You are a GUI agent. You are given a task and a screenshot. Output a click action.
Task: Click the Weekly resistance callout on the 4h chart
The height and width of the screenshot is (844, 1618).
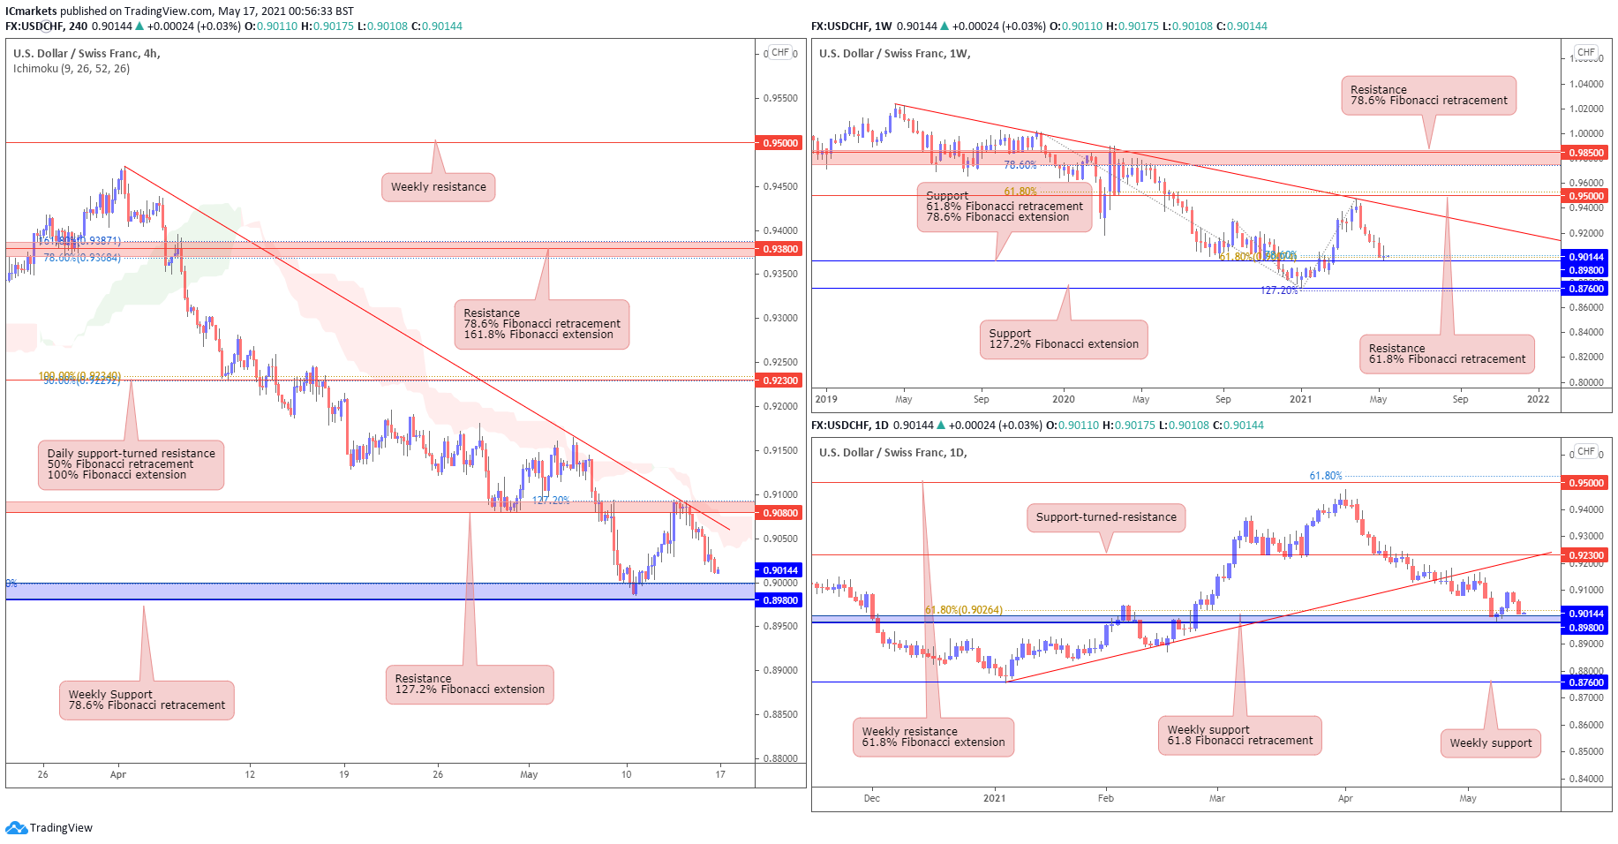click(x=438, y=187)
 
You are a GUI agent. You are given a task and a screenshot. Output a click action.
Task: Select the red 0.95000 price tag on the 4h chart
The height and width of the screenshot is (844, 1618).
click(x=779, y=143)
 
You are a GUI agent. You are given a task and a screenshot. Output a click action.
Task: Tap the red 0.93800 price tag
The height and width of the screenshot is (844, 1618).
click(x=779, y=249)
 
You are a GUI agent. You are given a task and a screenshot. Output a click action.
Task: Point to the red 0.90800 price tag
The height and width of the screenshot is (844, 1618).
click(x=779, y=513)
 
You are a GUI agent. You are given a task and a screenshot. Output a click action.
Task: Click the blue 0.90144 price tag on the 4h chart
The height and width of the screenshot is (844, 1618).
click(x=779, y=570)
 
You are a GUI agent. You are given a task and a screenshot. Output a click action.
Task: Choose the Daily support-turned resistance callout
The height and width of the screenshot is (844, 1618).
click(x=131, y=464)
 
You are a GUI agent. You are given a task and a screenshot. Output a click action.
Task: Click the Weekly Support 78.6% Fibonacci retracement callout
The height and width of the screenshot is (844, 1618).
click(x=147, y=700)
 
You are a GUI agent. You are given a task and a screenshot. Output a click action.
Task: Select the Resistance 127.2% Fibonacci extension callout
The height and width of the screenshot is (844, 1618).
click(x=470, y=684)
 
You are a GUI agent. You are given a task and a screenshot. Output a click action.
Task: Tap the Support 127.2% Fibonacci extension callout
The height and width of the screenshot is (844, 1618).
click(x=1063, y=339)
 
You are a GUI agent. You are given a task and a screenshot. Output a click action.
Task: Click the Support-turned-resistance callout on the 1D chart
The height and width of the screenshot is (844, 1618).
click(x=1105, y=517)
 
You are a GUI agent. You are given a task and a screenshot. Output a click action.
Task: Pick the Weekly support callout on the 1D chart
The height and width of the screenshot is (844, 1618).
click(x=1490, y=743)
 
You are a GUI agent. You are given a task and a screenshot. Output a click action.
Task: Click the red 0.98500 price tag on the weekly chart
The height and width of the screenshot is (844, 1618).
click(x=1585, y=153)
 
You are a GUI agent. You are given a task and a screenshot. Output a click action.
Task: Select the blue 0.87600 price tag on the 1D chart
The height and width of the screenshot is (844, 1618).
click(x=1585, y=682)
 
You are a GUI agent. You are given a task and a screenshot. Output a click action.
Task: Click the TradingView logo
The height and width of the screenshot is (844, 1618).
click(x=49, y=828)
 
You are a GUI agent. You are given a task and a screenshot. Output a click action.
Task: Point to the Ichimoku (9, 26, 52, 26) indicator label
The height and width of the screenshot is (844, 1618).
click(x=71, y=69)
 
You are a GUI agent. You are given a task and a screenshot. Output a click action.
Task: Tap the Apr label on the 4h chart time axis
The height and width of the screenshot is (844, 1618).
click(x=118, y=774)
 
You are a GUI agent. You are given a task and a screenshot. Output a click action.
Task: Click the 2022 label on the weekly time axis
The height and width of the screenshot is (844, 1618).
click(x=1538, y=399)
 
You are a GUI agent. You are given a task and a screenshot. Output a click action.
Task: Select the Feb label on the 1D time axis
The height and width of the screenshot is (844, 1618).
click(x=1105, y=798)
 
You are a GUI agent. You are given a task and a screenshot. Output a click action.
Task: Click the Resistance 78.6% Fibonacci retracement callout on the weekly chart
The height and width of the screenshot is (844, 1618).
click(x=1428, y=95)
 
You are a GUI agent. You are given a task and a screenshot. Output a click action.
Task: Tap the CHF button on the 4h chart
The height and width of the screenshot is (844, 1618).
click(x=779, y=53)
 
